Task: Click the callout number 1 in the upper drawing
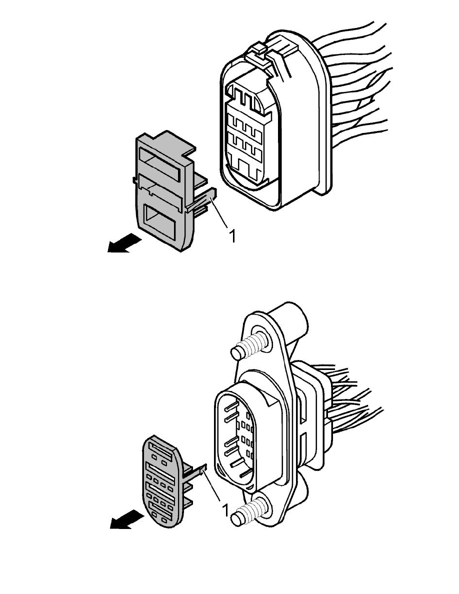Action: tap(232, 236)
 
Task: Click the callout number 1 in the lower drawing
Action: tap(225, 510)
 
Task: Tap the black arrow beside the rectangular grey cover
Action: tap(124, 243)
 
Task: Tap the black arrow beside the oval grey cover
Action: tap(127, 519)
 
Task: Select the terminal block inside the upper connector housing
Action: tap(245, 137)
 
